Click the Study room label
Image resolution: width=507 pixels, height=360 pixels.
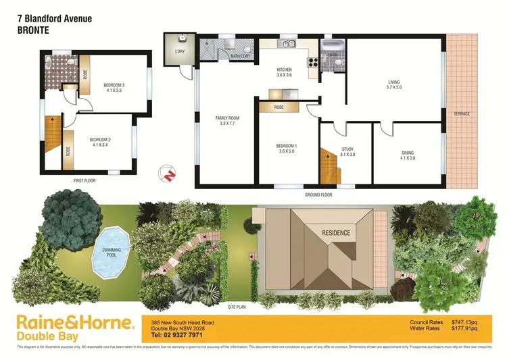tap(347, 153)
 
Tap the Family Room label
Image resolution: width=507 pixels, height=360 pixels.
tap(228, 121)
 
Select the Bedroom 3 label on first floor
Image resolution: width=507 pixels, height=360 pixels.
tap(115, 88)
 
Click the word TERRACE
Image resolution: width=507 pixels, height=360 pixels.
tap(462, 113)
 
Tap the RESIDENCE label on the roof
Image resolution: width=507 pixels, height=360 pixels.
tap(335, 233)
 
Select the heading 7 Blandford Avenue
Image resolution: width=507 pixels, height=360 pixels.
tap(54, 19)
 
